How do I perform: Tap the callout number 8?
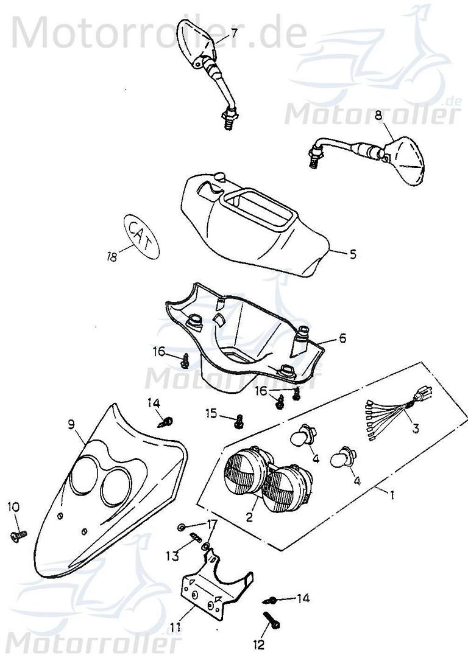pos(378,114)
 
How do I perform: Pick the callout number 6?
pos(342,338)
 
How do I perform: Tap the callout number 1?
pos(392,495)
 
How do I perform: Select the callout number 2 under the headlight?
pos(249,518)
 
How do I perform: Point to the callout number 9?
pos(71,424)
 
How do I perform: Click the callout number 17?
pos(211,523)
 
